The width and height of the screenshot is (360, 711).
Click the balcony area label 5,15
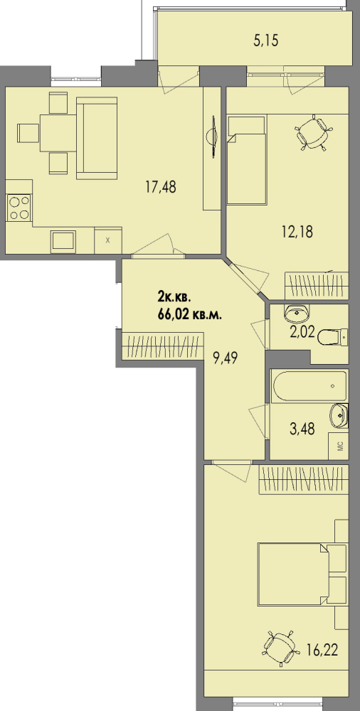(265, 41)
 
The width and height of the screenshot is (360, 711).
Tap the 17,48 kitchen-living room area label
(160, 186)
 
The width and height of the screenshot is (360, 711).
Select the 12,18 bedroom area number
(297, 232)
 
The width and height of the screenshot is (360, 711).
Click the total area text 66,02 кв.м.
(190, 315)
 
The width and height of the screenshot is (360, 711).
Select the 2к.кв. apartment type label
(174, 297)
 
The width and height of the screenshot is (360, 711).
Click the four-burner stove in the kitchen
(18, 208)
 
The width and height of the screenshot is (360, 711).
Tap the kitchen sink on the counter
(63, 240)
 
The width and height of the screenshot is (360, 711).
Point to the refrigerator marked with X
(108, 240)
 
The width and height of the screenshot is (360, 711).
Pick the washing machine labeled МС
(339, 446)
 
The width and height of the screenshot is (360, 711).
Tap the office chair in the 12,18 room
(314, 132)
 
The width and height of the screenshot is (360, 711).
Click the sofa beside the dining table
(97, 138)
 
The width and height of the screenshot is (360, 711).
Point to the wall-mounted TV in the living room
(212, 136)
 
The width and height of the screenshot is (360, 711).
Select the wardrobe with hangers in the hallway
(162, 346)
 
